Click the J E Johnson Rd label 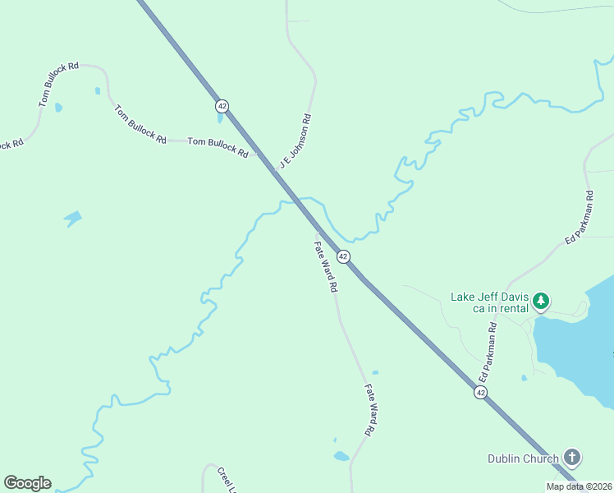(x=296, y=141)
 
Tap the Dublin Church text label (x=523, y=458)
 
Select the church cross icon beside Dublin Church (x=572, y=458)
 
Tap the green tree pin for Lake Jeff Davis (x=540, y=302)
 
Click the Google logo (x=27, y=483)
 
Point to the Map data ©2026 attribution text (x=579, y=486)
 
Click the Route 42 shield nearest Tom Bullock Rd (x=222, y=106)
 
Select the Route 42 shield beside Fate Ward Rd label (x=344, y=256)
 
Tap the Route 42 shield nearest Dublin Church (x=479, y=394)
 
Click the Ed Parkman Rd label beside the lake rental (x=488, y=351)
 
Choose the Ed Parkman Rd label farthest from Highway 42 (x=579, y=217)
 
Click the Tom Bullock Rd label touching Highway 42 (x=218, y=147)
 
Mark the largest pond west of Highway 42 (x=73, y=219)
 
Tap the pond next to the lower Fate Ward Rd (x=341, y=456)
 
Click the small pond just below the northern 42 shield (x=219, y=118)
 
